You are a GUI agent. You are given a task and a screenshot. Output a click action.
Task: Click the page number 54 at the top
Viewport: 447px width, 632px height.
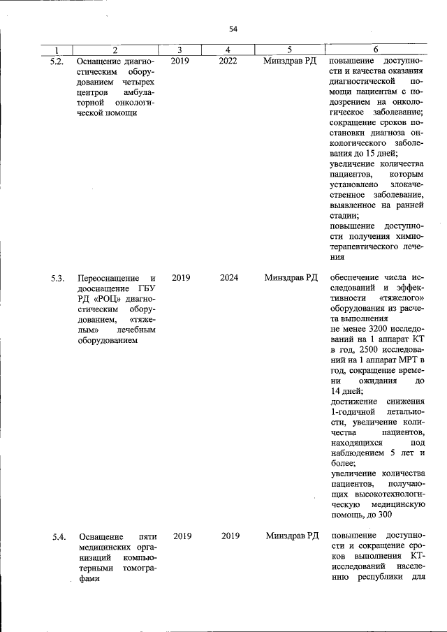coord(233,29)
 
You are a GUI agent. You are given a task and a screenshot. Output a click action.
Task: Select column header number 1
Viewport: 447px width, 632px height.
coord(57,50)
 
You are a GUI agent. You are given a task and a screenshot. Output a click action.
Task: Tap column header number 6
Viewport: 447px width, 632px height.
coord(376,50)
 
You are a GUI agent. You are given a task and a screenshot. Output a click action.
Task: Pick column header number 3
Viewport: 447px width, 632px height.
coord(180,50)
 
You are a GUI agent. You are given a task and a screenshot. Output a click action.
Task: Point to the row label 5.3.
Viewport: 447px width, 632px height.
coord(57,278)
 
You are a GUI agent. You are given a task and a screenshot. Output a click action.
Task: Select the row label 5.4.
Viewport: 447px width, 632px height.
coord(59,536)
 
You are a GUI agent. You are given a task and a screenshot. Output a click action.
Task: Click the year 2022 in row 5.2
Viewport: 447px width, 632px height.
coord(228,61)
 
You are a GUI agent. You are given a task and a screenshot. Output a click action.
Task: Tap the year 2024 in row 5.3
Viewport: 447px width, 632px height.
coord(229,277)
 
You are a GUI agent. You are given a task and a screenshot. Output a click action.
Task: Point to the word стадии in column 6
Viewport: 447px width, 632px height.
coord(342,216)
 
